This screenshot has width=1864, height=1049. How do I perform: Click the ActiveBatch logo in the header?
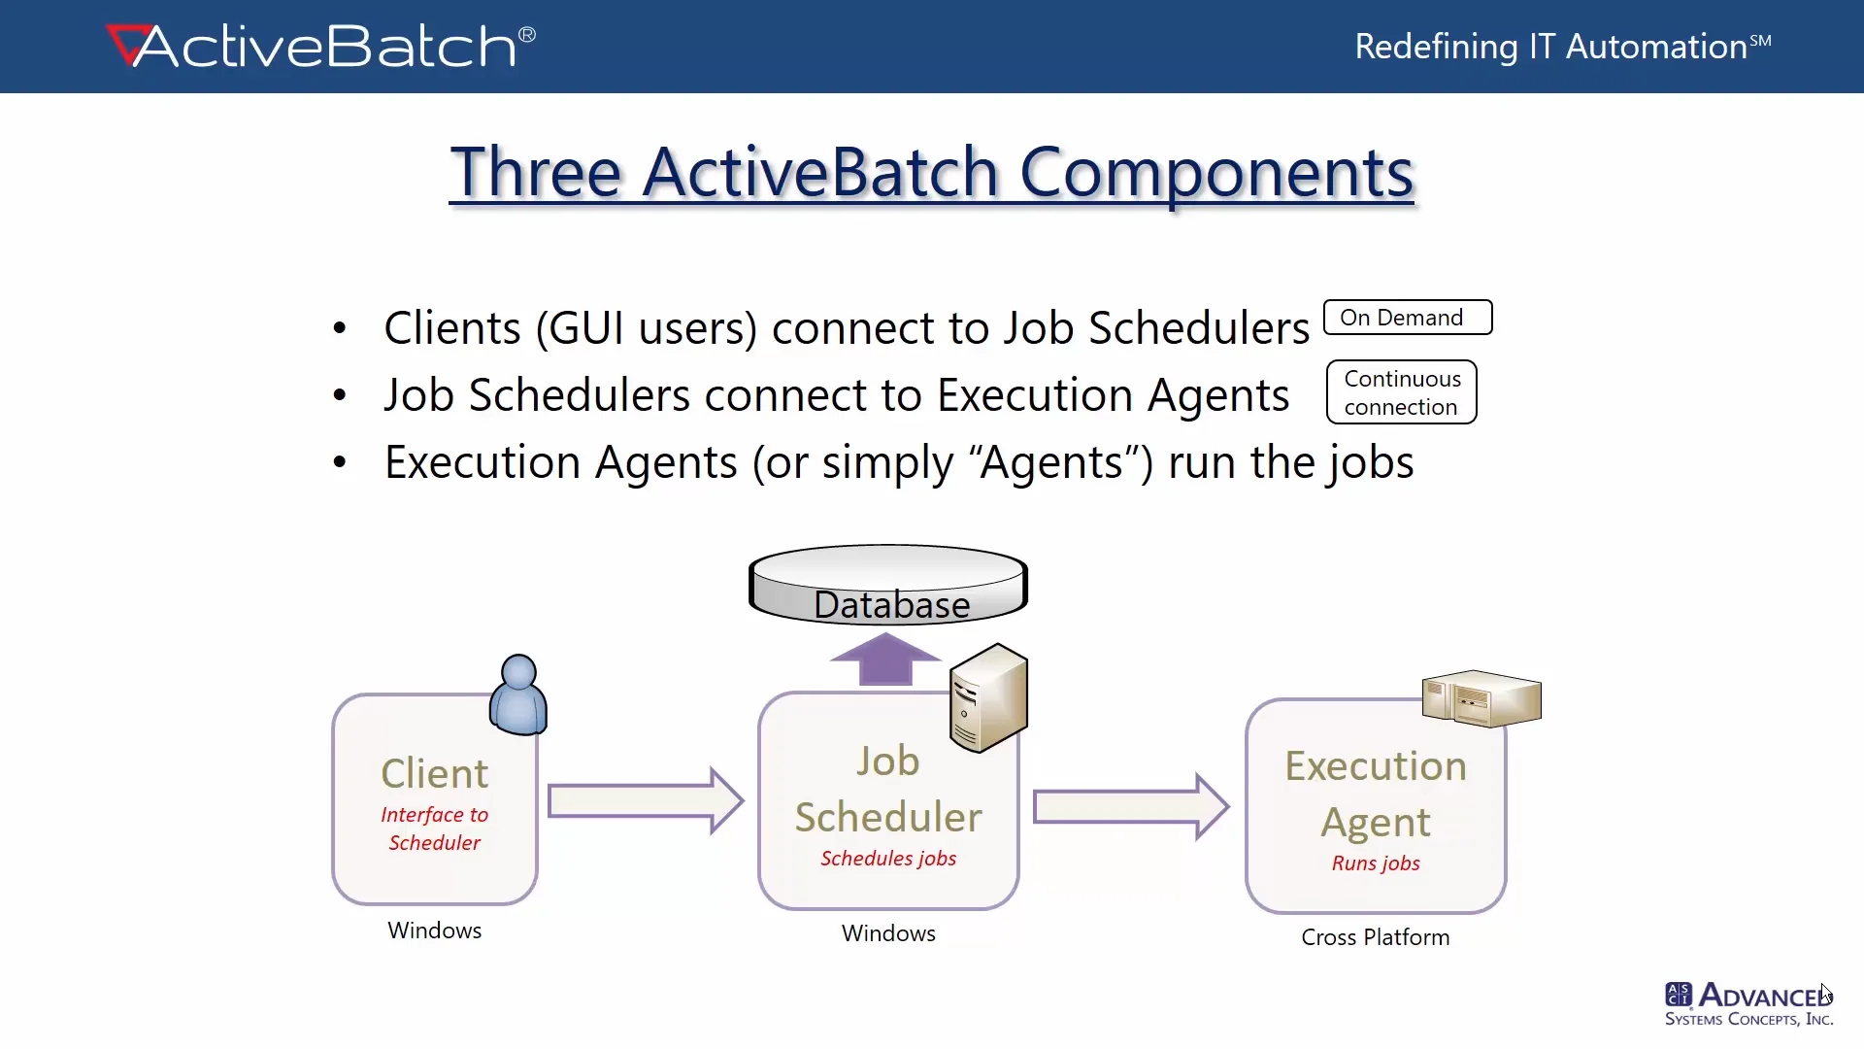(320, 47)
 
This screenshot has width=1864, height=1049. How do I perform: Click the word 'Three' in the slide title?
(536, 172)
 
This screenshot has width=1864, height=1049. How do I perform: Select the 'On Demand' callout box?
(1408, 318)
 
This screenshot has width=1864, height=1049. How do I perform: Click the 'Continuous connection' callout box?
(1402, 392)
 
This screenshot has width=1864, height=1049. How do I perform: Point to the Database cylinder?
(888, 585)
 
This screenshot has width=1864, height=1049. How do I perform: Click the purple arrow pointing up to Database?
(885, 660)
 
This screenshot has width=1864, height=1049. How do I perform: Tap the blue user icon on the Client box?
(518, 694)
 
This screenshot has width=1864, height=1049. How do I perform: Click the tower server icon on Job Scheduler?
(988, 697)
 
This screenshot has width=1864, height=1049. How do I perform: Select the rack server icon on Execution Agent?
(1481, 698)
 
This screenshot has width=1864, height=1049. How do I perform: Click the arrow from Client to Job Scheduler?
(646, 801)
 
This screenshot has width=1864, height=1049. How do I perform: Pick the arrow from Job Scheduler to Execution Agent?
(1131, 806)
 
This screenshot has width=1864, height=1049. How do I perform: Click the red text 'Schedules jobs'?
(888, 859)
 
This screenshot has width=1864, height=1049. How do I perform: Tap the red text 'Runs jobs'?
(1376, 863)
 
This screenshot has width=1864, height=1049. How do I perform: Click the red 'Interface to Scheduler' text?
(435, 829)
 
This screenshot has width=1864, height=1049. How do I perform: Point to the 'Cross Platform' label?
(1376, 937)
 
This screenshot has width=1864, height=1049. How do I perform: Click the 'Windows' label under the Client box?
(435, 931)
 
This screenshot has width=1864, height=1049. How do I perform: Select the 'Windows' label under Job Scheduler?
(888, 933)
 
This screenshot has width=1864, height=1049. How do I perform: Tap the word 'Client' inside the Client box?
(435, 774)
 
